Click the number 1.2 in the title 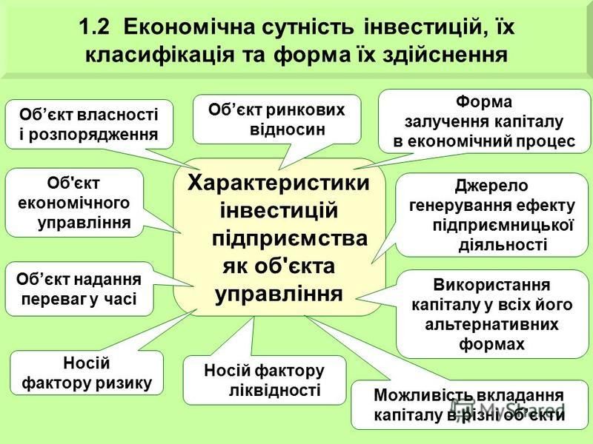coord(94,27)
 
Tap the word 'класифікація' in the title coord(159,55)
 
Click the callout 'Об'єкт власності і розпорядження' coord(89,124)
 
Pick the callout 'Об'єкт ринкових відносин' coord(276,119)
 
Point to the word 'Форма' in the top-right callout coord(484,101)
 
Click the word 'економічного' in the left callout coord(73,203)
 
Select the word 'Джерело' coord(491,186)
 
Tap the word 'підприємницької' coord(503,226)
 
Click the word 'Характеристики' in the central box coord(279,183)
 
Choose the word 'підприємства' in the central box coord(290,239)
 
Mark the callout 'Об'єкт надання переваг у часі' coord(79,289)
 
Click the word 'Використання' coord(491,285)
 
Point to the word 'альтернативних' coord(491,324)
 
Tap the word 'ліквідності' coord(275,391)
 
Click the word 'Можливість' coord(423,395)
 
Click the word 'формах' coord(491,344)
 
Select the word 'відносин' coord(288,129)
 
